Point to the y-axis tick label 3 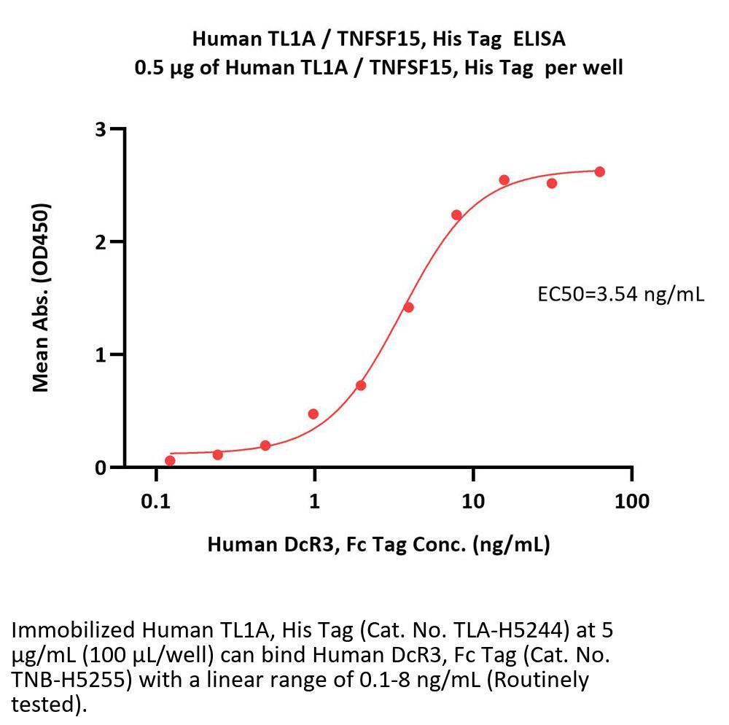(101, 130)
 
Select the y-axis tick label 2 (101, 242)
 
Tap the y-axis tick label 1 (101, 355)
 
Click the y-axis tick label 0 (101, 468)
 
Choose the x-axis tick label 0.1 (156, 501)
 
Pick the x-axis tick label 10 (473, 501)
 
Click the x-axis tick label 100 (631, 501)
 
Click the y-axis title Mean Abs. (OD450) (42, 298)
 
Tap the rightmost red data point (600, 171)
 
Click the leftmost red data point (170, 460)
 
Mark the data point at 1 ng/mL (313, 414)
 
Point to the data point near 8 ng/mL (456, 214)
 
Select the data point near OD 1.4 (408, 307)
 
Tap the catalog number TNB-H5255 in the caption (53, 681)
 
